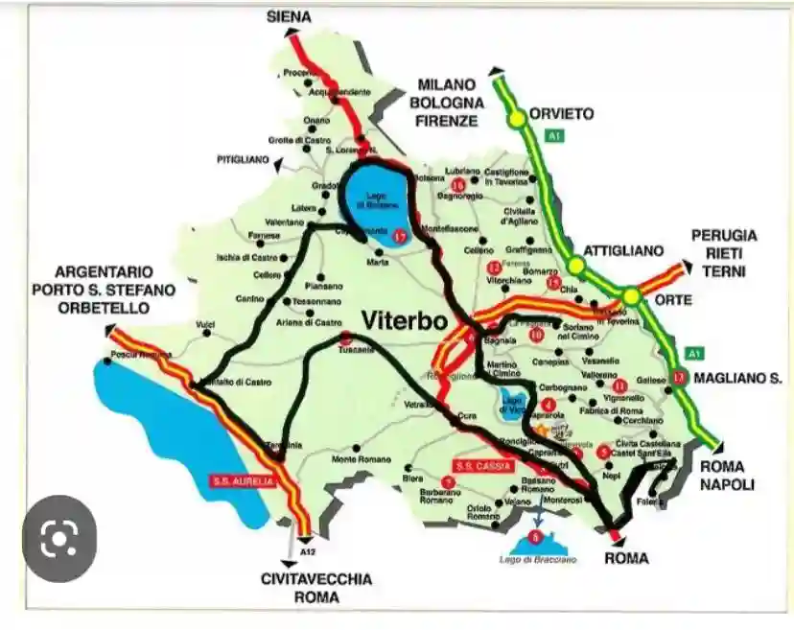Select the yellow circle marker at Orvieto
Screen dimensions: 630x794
[517, 118]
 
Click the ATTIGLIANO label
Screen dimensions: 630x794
[623, 250]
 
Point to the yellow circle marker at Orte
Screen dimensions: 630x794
[631, 296]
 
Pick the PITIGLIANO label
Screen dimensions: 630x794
[243, 159]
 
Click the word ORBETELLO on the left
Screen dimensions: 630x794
[104, 308]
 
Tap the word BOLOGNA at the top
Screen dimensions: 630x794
[446, 103]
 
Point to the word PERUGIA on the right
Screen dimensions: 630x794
[724, 235]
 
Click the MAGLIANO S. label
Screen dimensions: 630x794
[738, 380]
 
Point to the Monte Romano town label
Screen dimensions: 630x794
[357, 460]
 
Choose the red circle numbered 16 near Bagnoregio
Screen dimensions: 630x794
[457, 184]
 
